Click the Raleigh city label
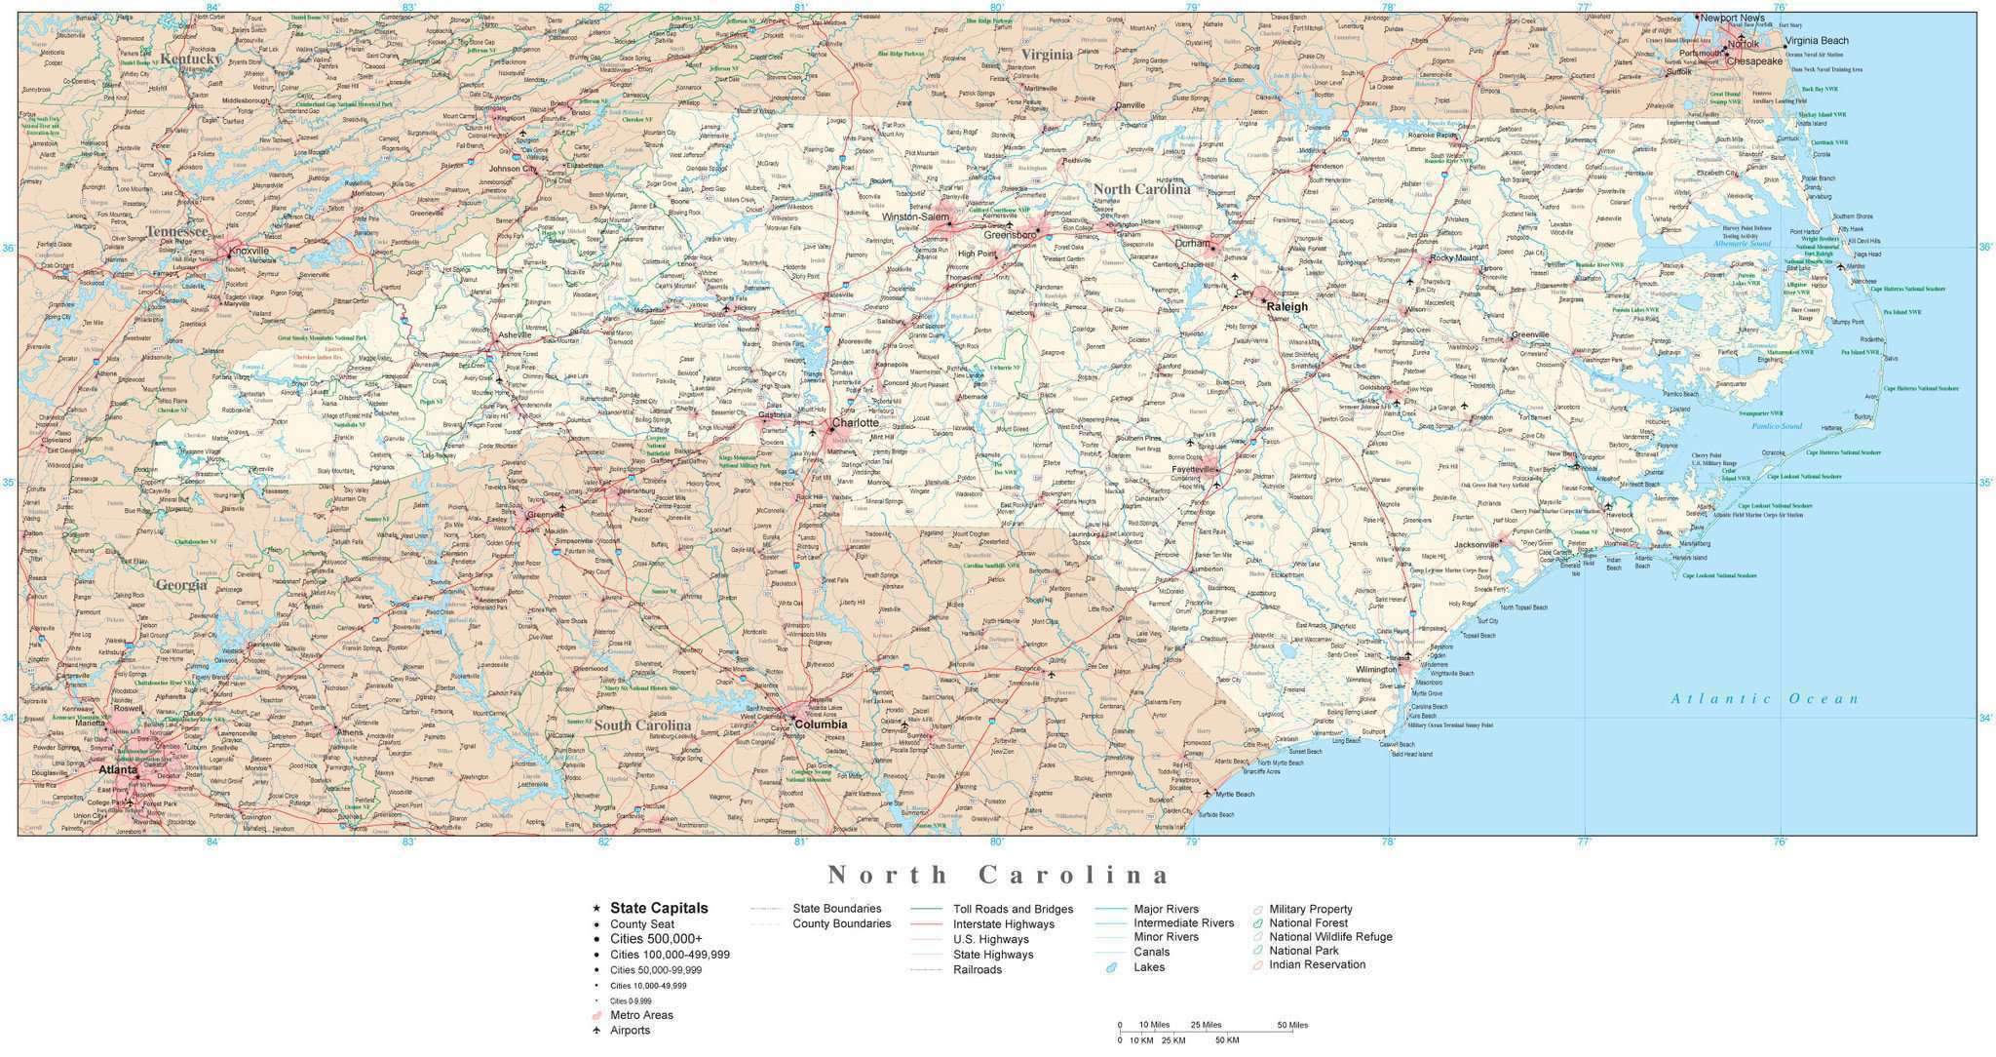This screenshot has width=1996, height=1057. pyautogui.click(x=1286, y=306)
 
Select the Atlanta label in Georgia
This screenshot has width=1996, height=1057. pyautogui.click(x=117, y=769)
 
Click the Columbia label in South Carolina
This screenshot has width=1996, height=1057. pyautogui.click(x=820, y=724)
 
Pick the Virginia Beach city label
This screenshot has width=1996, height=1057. pyautogui.click(x=1817, y=41)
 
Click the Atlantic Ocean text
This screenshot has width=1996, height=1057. pyautogui.click(x=1764, y=698)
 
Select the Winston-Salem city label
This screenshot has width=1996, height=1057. pyautogui.click(x=915, y=217)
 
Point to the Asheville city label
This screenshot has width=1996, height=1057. pyautogui.click(x=515, y=334)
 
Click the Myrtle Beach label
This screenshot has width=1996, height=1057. pyautogui.click(x=1235, y=794)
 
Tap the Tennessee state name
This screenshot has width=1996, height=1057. pyautogui.click(x=176, y=232)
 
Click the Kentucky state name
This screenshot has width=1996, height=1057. pyautogui.click(x=191, y=59)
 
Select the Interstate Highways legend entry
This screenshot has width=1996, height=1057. pyautogui.click(x=1003, y=924)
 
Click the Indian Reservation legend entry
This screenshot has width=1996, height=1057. pyautogui.click(x=1317, y=964)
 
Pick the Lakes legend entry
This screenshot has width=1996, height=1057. pyautogui.click(x=1148, y=967)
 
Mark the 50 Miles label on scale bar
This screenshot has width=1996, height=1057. pyautogui.click(x=1292, y=1025)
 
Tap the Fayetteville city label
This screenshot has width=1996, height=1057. pyautogui.click(x=1194, y=469)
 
